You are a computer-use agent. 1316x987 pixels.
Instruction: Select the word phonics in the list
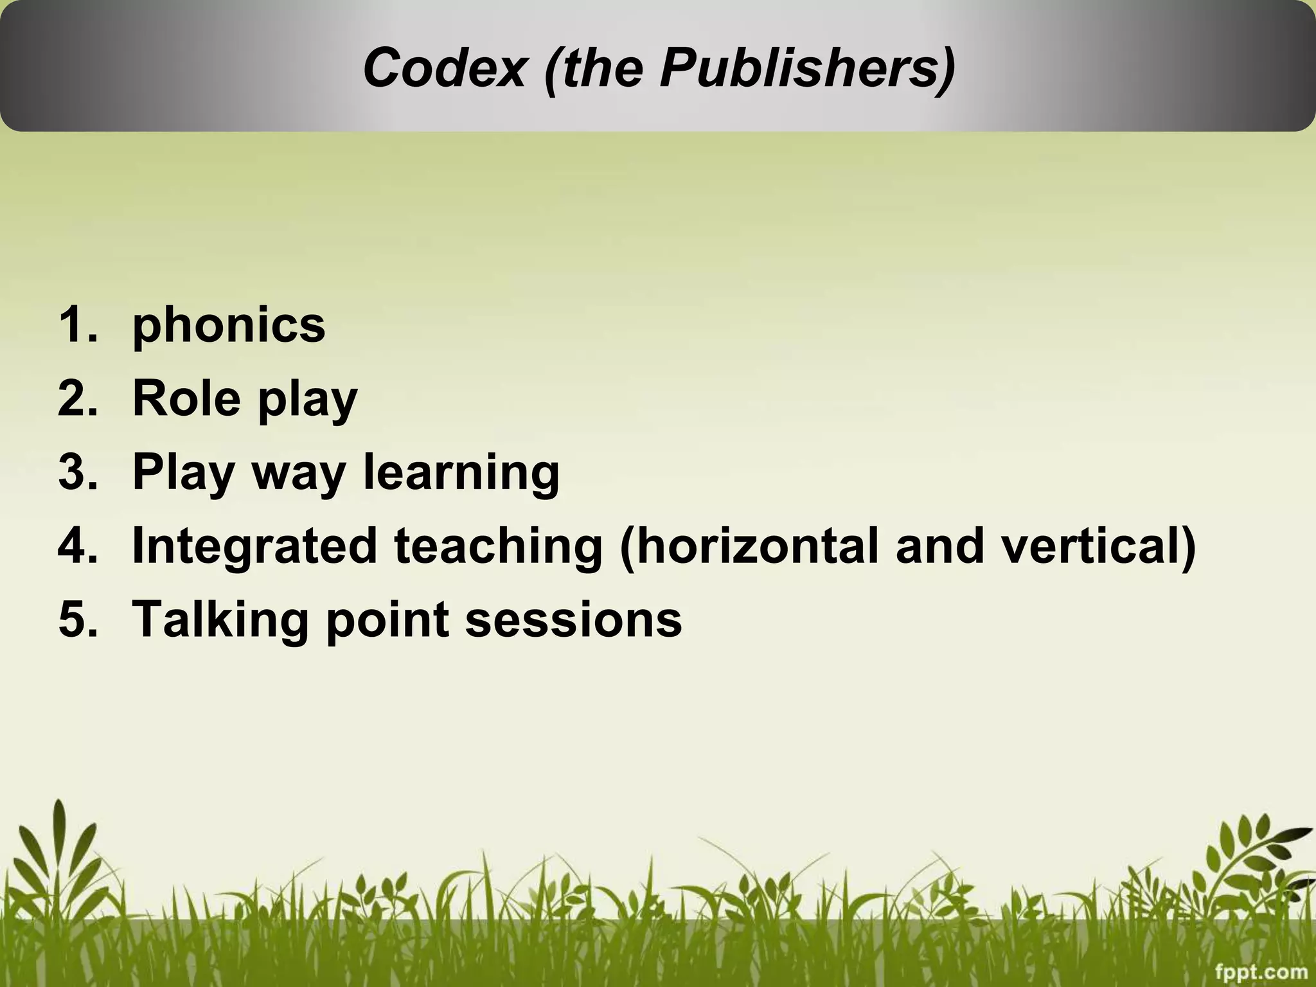pyautogui.click(x=229, y=326)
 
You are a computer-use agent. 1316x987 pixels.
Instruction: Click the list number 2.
pyautogui.click(x=76, y=398)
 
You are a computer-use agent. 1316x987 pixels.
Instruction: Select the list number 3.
pyautogui.click(x=76, y=472)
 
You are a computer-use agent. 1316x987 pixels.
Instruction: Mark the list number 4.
pyautogui.click(x=76, y=546)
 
